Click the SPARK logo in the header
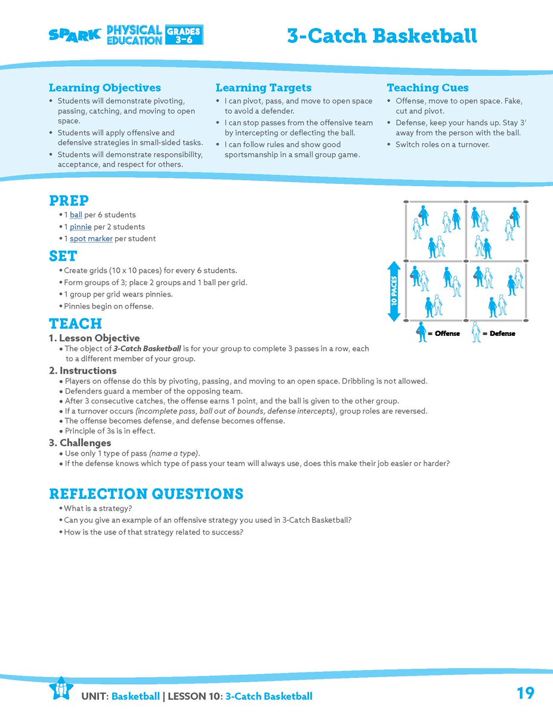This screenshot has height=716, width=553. point(75,35)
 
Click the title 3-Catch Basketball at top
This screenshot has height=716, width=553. point(382,36)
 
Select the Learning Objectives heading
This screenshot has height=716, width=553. point(104,88)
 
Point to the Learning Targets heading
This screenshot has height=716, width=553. point(263,88)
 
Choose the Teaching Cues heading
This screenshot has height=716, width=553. point(427,88)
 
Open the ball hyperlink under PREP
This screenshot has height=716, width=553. point(76,215)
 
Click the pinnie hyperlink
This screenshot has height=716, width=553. point(81,227)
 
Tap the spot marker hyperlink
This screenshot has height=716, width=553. point(91,239)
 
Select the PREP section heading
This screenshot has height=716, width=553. point(69,200)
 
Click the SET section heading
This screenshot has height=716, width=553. point(63,256)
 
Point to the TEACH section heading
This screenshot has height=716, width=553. point(75,324)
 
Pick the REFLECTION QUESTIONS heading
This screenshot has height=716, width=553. point(146,494)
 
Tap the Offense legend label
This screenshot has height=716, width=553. point(443,334)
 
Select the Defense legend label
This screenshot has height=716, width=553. point(502,334)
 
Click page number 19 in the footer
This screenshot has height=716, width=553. point(525,693)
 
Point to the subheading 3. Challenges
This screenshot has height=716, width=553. point(80,443)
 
